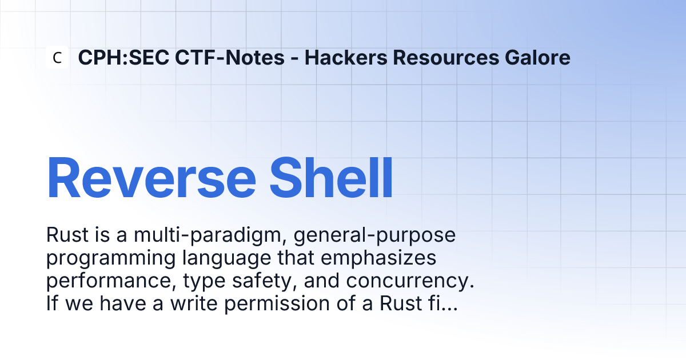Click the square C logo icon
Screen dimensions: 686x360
[57, 57]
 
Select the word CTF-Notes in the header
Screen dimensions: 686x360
[230, 58]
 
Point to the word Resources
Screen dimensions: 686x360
[446, 58]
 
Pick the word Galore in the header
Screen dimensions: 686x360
[537, 58]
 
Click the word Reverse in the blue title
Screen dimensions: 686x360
[151, 178]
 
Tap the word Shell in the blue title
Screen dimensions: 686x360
[331, 178]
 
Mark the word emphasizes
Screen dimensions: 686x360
[378, 258]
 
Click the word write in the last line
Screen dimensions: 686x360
[194, 303]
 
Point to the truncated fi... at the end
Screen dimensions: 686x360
[443, 303]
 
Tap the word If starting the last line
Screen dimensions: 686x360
[52, 303]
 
